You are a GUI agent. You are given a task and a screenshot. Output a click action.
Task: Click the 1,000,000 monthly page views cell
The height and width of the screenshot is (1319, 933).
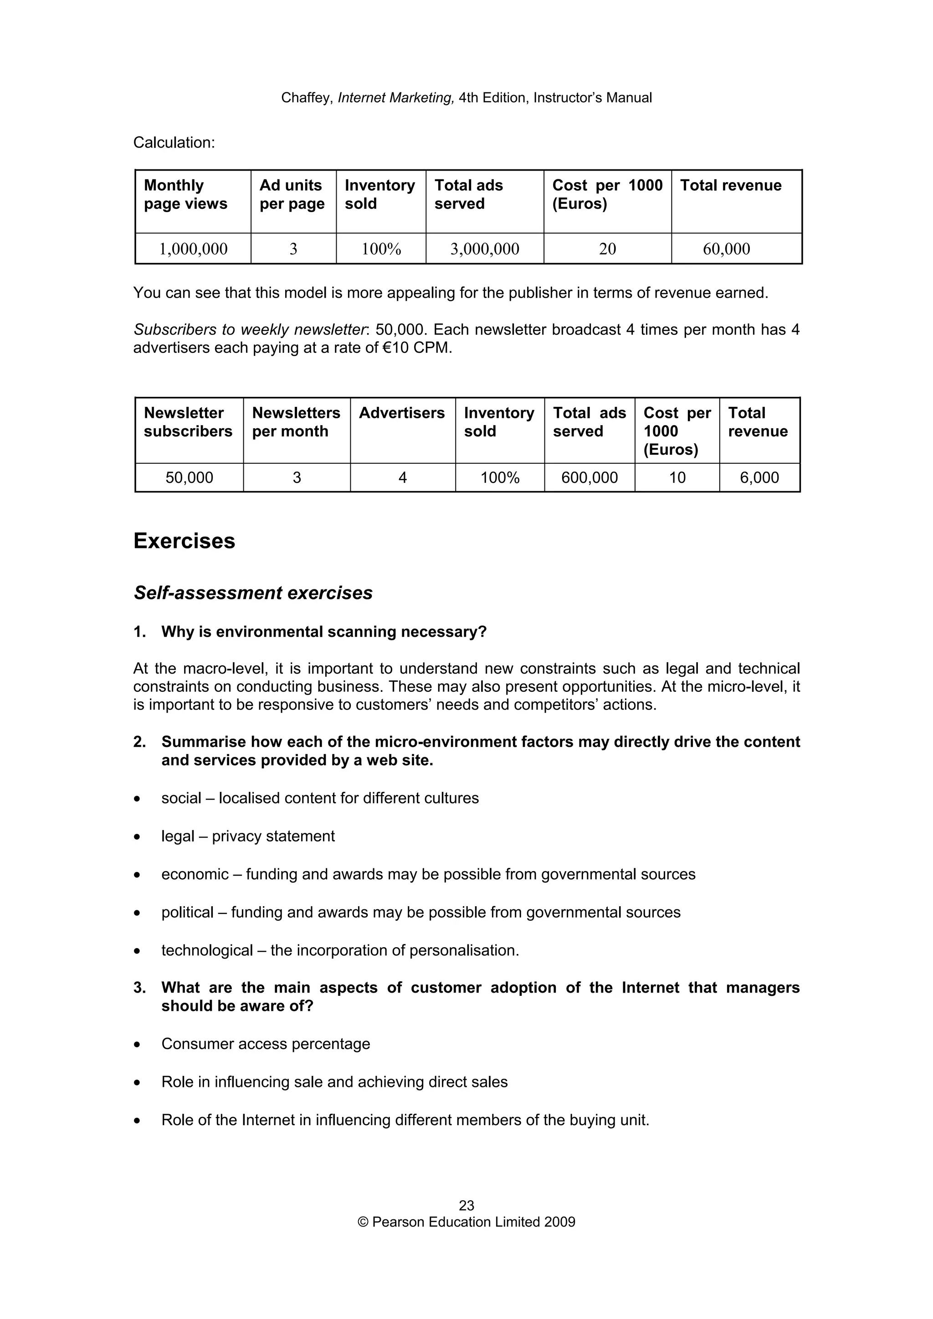coord(193,249)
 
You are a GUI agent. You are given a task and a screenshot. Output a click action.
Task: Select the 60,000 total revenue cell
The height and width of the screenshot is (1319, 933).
coord(726,249)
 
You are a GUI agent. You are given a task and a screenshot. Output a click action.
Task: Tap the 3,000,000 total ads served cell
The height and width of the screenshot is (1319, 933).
coord(485,249)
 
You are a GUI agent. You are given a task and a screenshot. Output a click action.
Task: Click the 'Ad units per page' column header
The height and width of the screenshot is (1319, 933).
coord(292,194)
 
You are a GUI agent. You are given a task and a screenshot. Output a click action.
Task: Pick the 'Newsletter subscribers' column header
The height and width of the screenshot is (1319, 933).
coord(188,422)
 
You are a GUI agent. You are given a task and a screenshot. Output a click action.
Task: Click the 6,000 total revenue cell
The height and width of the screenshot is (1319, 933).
coord(759,477)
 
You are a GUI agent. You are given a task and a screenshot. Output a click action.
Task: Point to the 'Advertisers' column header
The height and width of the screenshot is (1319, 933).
coord(401,413)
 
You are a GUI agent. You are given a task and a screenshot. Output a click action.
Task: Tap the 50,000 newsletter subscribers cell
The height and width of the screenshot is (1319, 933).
coord(189,477)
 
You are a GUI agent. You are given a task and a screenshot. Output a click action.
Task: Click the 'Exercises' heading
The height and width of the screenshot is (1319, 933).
coord(184,541)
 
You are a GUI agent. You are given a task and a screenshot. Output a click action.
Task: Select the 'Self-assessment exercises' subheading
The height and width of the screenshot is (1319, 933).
coord(253,593)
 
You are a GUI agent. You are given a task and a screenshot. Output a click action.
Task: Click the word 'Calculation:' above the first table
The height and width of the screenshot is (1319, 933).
coord(174,142)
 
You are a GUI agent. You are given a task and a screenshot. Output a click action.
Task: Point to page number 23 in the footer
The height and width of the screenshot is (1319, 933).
coord(466,1205)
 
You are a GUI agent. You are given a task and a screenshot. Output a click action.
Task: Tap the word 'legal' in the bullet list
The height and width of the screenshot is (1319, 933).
coord(178,836)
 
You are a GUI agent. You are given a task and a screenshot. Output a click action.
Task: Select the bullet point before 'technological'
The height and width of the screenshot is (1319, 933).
coord(137,951)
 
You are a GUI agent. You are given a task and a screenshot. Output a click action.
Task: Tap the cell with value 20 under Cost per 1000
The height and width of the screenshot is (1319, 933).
coord(607,249)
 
